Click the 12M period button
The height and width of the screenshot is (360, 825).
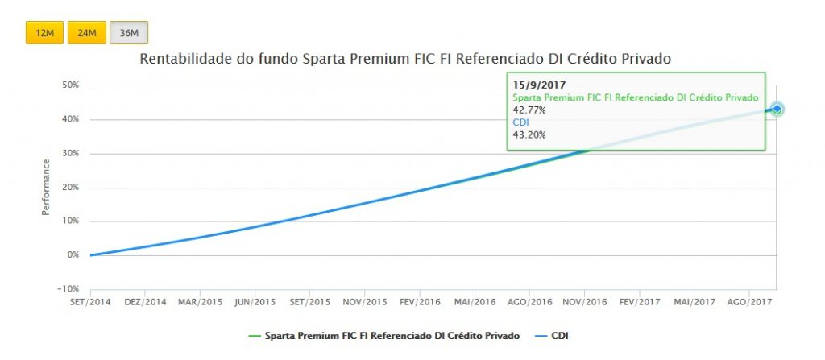tap(44, 33)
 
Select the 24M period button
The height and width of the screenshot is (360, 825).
tap(86, 33)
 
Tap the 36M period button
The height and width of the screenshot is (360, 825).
tap(129, 33)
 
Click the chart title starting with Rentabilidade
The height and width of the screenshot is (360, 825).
tap(405, 59)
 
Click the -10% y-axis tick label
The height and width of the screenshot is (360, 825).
tap(68, 288)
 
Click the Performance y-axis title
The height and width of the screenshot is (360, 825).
tap(46, 187)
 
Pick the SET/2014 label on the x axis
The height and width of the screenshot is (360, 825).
tap(90, 302)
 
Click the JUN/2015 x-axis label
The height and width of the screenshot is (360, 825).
tap(255, 302)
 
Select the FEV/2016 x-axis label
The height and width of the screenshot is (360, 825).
tap(419, 302)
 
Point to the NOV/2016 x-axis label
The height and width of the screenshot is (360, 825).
tap(584, 302)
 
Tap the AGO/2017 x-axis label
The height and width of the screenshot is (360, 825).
tap(748, 302)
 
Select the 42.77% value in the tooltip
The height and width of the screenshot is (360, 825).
tap(529, 110)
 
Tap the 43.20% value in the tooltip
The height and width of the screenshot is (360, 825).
tap(529, 134)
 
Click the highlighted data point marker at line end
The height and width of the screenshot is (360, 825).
tap(777, 109)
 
